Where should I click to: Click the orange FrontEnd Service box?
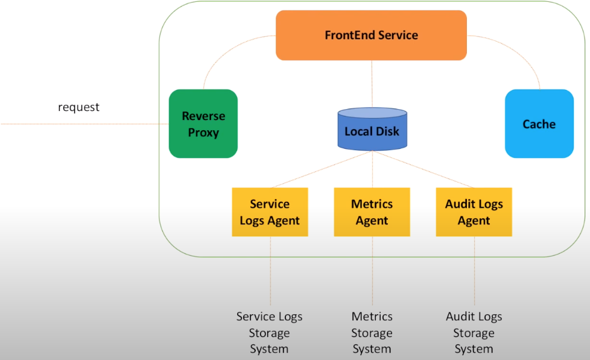[371, 35]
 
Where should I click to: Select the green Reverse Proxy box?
[203, 124]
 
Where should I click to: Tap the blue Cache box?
[539, 124]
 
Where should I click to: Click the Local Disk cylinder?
[372, 131]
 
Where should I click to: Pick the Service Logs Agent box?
[270, 212]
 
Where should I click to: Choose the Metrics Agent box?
[372, 212]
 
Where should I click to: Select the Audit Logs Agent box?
[474, 212]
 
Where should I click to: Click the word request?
[78, 107]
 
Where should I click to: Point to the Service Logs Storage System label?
[269, 332]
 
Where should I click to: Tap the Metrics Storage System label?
[372, 332]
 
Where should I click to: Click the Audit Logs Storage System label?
[474, 332]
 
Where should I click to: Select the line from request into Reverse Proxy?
[84, 124]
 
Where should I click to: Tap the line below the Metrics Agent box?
[372, 271]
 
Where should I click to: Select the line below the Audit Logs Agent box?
[474, 271]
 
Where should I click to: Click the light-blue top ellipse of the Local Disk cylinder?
[372, 113]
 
